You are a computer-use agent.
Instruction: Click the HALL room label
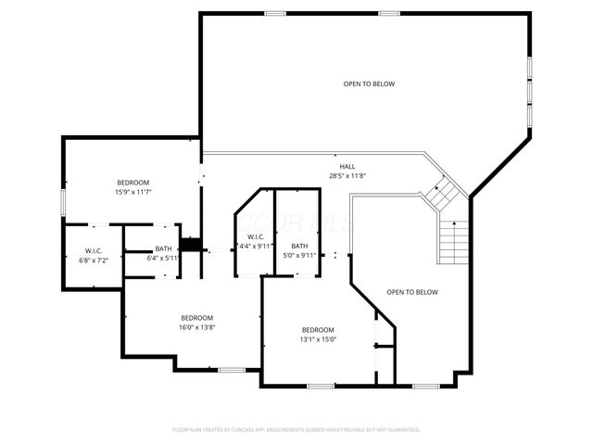pos(347,167)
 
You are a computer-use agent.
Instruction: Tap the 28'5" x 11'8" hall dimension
pos(347,176)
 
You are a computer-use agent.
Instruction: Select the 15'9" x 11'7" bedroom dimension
pos(132,192)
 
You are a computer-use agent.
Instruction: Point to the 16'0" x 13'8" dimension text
pos(197,326)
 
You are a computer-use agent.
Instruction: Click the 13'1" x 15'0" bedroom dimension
pos(318,339)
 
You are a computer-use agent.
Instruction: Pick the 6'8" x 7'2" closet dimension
pos(94,260)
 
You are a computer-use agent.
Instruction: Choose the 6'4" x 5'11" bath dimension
pos(163,258)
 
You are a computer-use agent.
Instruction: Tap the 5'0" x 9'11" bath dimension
pos(299,255)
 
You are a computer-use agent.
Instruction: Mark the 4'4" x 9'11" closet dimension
pos(255,247)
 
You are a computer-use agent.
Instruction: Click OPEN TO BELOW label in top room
pos(369,84)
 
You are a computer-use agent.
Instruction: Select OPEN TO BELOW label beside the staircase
pos(412,292)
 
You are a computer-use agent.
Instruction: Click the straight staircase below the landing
pos(454,243)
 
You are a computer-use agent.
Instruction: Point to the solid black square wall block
pos(191,244)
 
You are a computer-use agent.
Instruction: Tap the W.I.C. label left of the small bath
pos(94,250)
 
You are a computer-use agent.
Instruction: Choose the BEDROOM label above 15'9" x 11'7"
pos(132,183)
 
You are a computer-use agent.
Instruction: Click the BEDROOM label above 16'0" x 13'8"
pos(197,317)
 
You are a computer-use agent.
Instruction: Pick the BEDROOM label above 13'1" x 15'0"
pos(318,330)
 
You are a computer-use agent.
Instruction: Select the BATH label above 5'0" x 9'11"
pos(299,246)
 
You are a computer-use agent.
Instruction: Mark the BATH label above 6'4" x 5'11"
pos(163,248)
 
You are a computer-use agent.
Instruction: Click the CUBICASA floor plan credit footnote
pos(296,430)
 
